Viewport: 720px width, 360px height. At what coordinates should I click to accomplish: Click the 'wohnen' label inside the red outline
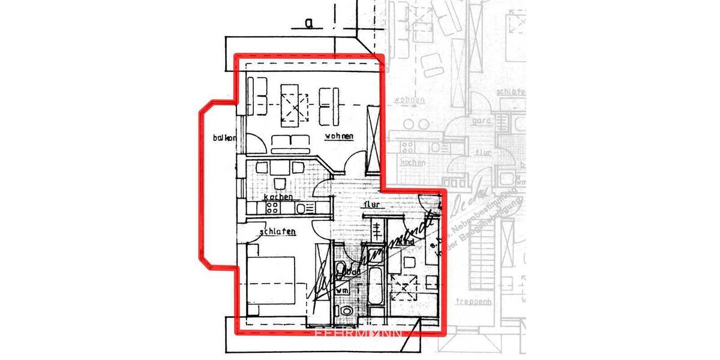339,136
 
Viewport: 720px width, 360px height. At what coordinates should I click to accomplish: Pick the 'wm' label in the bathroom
342,290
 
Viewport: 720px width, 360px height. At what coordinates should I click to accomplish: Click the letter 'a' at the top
309,24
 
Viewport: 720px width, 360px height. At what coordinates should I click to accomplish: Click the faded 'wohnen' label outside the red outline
410,100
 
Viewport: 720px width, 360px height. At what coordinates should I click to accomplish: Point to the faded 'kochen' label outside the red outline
413,163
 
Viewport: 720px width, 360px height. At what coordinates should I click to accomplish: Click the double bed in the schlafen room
271,280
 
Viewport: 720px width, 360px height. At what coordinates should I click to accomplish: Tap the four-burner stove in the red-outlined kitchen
272,208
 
